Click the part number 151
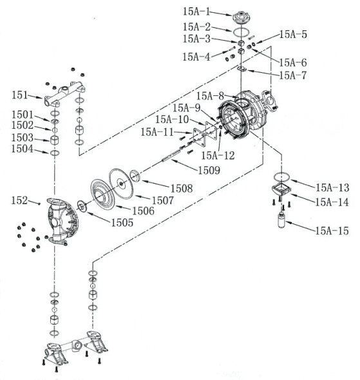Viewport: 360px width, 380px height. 19,95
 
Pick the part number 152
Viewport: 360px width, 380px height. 19,202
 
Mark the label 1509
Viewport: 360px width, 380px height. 209,171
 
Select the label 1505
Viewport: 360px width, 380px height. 121,222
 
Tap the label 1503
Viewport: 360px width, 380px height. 21,138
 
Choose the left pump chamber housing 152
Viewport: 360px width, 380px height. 61,223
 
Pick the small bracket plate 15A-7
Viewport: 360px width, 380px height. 242,68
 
